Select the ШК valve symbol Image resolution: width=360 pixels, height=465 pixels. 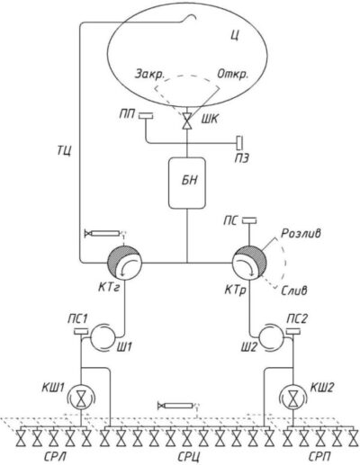pyautogui.click(x=187, y=121)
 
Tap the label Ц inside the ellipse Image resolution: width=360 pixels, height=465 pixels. pyautogui.click(x=235, y=36)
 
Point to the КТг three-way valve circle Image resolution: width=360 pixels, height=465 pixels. pyautogui.click(x=124, y=263)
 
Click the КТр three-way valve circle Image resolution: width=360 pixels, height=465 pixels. pyautogui.click(x=249, y=263)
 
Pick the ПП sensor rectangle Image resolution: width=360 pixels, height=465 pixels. pyautogui.click(x=146, y=115)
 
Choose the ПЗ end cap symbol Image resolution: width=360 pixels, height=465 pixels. pyautogui.click(x=240, y=142)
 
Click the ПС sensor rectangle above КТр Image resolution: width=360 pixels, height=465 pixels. pyautogui.click(x=249, y=220)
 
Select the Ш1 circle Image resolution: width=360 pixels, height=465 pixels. pyautogui.click(x=101, y=336)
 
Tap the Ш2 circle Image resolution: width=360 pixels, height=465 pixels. pyautogui.click(x=272, y=336)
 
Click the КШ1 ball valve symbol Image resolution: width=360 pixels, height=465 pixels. pyautogui.click(x=81, y=398)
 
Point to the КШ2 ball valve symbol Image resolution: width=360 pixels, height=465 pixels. pyautogui.click(x=293, y=398)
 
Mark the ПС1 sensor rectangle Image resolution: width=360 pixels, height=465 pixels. pyautogui.click(x=81, y=332)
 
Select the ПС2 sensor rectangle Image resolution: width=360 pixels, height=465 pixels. pyautogui.click(x=293, y=332)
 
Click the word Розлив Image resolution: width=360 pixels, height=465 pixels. pyautogui.click(x=301, y=233)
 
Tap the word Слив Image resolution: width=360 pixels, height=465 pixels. pyautogui.click(x=294, y=291)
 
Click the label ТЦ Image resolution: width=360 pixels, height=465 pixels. pyautogui.click(x=64, y=151)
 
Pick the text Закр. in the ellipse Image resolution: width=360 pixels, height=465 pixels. pyautogui.click(x=149, y=75)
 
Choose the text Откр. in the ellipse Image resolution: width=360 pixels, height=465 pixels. pyautogui.click(x=233, y=74)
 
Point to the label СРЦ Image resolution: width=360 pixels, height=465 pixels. pyautogui.click(x=189, y=458)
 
